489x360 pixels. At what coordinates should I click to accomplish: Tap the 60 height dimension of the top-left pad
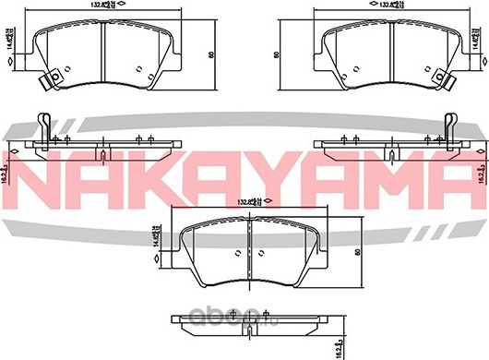pyautogui.click(x=211, y=55)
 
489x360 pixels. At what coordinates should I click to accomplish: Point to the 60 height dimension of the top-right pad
pyautogui.click(x=277, y=55)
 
